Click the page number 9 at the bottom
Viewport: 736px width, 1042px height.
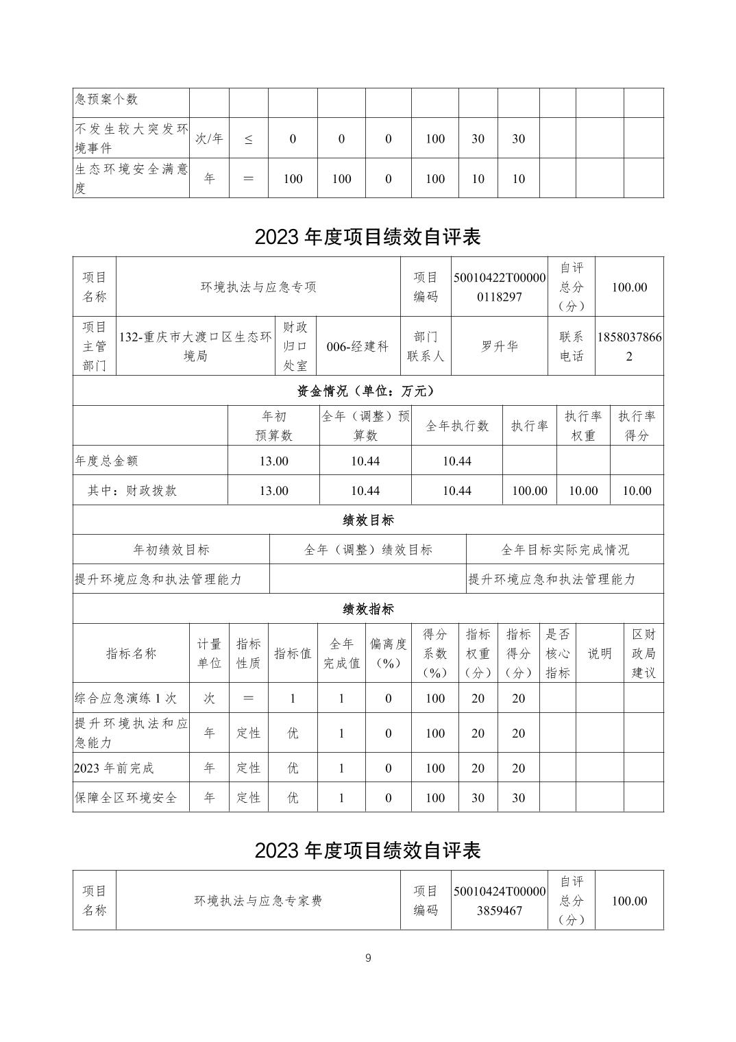pos(368,958)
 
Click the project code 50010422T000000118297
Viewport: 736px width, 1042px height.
pos(500,287)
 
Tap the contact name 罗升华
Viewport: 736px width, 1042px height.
pos(500,346)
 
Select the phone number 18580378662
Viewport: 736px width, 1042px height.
pos(630,346)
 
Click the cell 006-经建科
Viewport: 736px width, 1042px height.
pos(358,346)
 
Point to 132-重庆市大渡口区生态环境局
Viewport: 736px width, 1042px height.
pos(195,346)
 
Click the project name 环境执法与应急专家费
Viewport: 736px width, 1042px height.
pos(258,901)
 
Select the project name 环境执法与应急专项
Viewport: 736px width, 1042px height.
pos(258,287)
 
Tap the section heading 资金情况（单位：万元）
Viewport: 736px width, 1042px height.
pos(367,391)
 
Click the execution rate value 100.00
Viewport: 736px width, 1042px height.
pos(530,491)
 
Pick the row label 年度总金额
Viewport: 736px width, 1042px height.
pos(107,461)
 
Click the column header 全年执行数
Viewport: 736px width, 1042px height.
pos(457,426)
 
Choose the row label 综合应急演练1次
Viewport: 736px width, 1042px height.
pos(126,699)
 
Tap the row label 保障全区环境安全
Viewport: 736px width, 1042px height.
pos(126,797)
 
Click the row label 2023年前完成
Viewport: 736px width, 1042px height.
pos(114,768)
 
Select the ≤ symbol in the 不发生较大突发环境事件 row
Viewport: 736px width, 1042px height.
pos(248,139)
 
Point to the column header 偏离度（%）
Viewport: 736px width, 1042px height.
pos(388,653)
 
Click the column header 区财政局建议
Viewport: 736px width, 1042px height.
pos(643,653)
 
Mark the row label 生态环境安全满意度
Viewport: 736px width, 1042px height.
pos(131,178)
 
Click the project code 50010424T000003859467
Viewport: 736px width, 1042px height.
pos(500,901)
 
